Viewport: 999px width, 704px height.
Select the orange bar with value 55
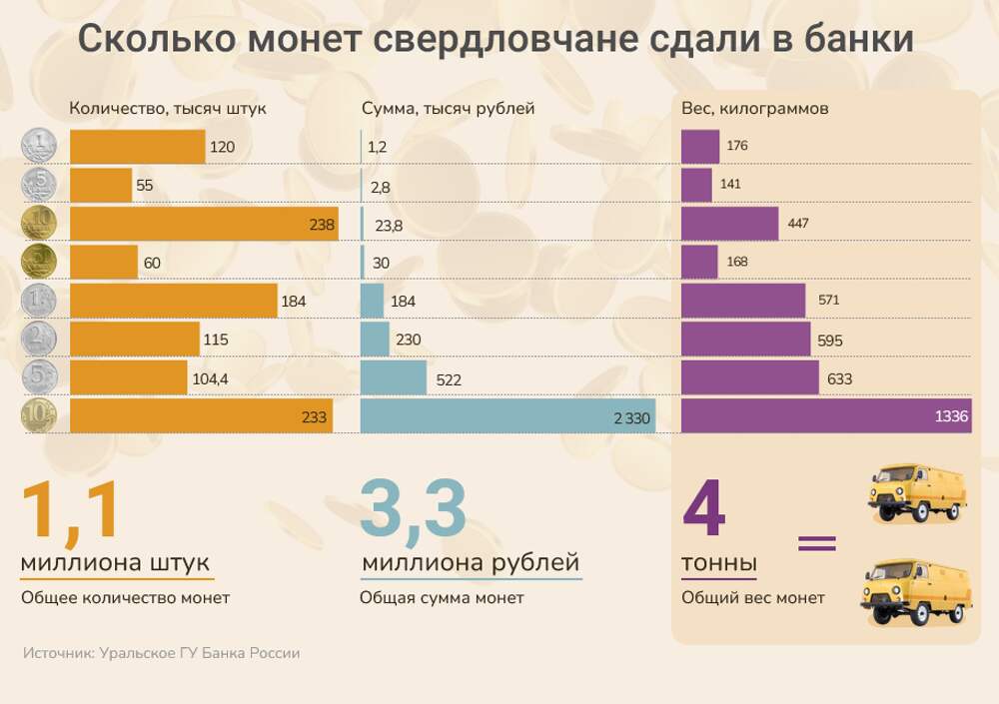tap(100, 186)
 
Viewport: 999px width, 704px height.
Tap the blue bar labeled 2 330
tap(507, 416)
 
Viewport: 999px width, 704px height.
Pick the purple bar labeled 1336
tap(825, 416)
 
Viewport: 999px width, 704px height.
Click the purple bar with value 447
tap(729, 224)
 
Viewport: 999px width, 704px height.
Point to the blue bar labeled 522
tap(393, 378)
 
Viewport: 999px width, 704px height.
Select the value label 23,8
tap(389, 226)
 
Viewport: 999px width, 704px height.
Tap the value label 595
tap(830, 341)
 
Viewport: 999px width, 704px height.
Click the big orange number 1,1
tap(70, 512)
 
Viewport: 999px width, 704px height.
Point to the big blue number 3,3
tap(414, 510)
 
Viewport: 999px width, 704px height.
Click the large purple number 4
tap(703, 509)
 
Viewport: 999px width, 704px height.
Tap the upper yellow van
tap(916, 492)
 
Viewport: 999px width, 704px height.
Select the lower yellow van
tap(916, 593)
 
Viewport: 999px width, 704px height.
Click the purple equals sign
tap(816, 543)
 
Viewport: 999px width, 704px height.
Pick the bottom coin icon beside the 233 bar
tap(39, 415)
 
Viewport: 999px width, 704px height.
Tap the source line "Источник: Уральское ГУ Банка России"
tap(161, 653)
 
